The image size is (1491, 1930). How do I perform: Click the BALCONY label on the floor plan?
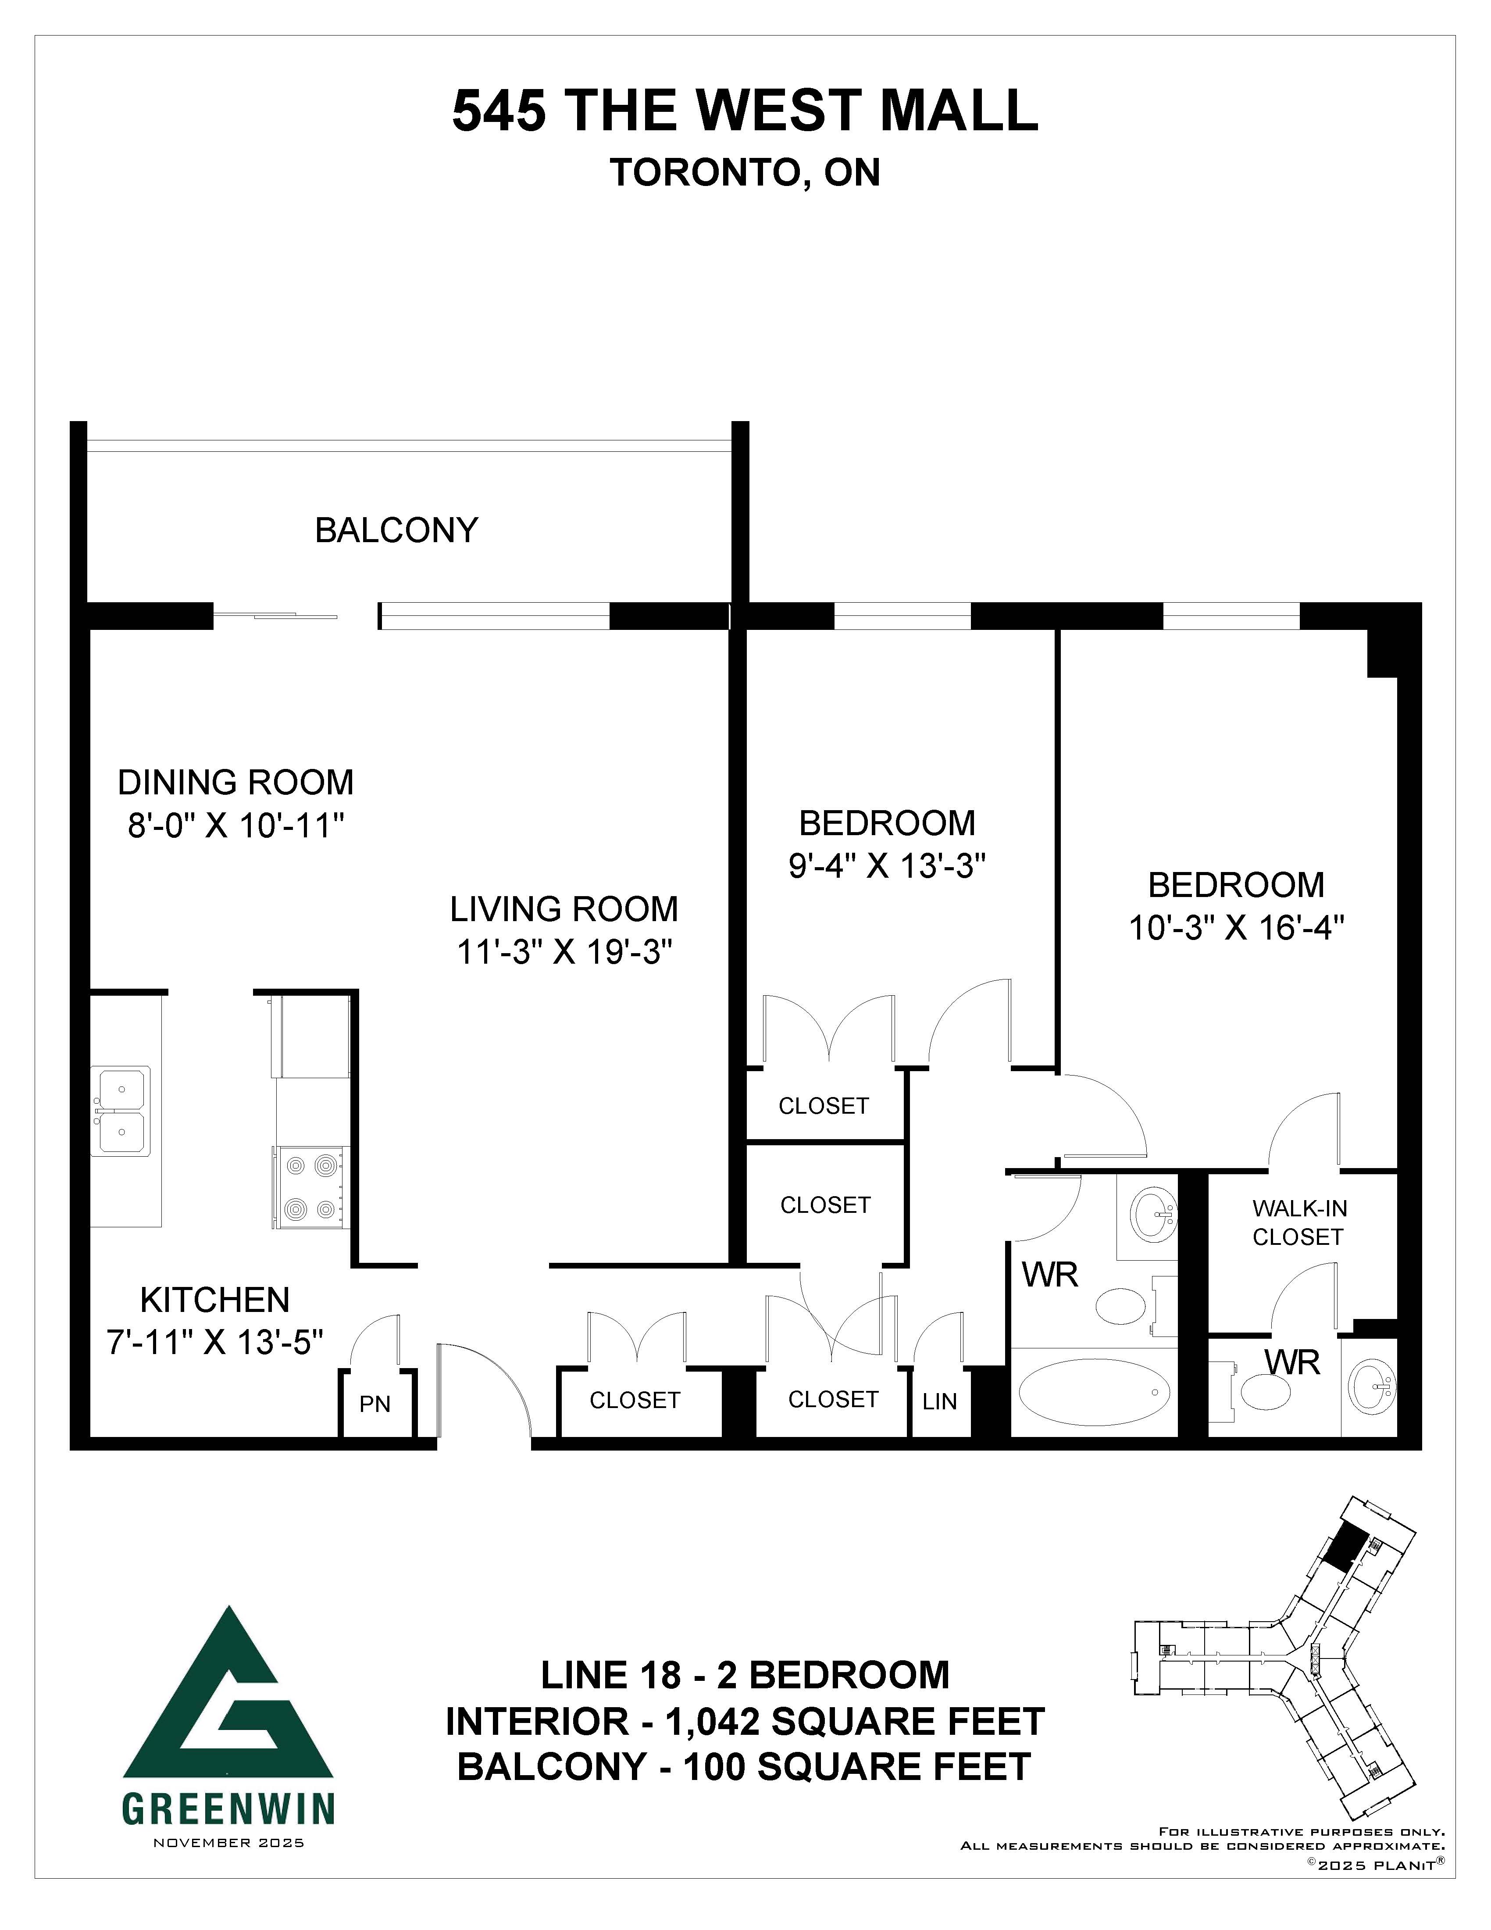pos(396,530)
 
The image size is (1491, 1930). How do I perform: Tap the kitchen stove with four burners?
pos(310,1187)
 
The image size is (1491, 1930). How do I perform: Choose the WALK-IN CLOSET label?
pos(1298,1222)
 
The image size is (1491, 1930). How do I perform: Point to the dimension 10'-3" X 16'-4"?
pos(1237,928)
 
